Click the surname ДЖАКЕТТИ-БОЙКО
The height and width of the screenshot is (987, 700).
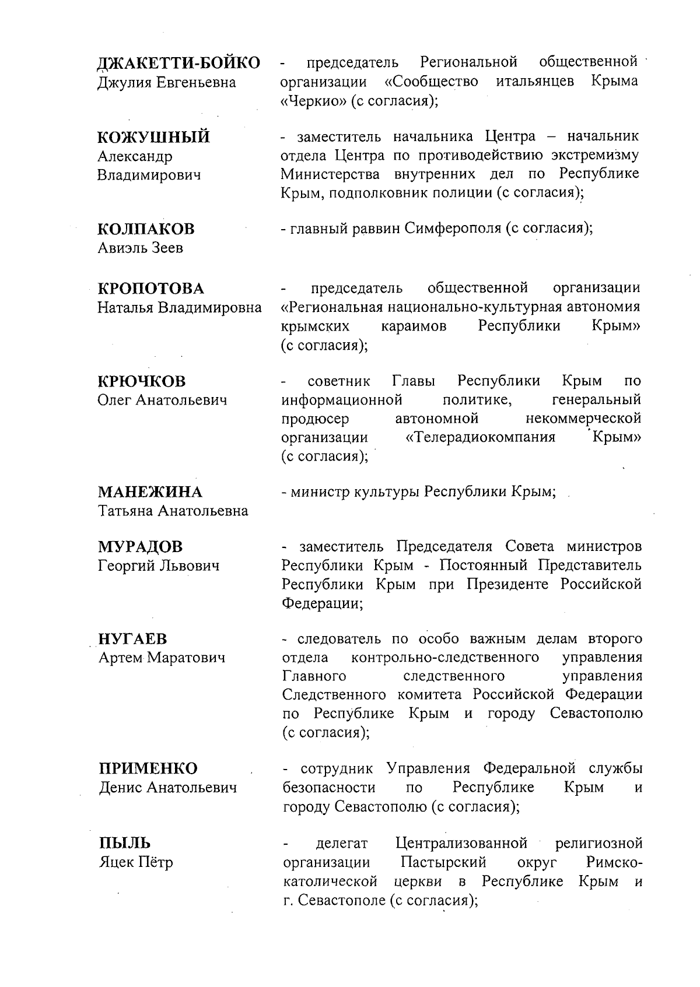pos(178,63)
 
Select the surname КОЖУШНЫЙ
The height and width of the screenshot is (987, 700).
pos(153,138)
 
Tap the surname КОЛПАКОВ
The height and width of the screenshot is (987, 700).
pos(146,229)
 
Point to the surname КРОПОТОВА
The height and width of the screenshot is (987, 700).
pos(150,289)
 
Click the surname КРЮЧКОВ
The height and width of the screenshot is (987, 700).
pos(141,382)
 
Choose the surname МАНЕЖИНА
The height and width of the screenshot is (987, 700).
pos(150,493)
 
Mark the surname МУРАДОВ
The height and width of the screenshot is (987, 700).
pos(140,547)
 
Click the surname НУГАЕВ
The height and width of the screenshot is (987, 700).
pos(133,640)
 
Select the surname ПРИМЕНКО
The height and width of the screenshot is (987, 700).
pos(148,769)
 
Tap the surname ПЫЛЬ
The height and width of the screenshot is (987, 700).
pos(124,844)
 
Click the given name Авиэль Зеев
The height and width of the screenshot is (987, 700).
pos(140,248)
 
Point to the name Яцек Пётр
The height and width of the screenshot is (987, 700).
pos(135,862)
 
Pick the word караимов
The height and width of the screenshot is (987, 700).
pos(414,326)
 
